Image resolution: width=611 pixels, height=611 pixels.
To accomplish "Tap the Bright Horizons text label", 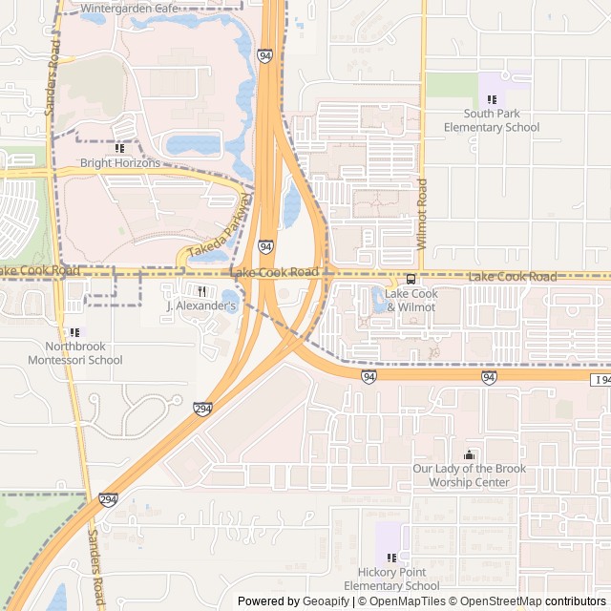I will (119, 163).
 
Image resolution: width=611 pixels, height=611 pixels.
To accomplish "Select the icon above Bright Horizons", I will (119, 148).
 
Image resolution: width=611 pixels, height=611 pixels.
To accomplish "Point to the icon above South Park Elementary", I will (493, 99).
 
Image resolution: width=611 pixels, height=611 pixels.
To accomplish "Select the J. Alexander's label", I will (201, 306).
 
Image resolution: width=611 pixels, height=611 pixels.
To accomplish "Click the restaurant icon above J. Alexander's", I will (201, 291).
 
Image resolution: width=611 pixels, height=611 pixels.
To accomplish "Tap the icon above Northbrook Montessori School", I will (75, 331).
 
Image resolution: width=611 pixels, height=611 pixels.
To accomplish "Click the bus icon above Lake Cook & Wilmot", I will (411, 279).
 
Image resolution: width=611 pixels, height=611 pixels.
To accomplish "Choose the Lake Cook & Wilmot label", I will (411, 301).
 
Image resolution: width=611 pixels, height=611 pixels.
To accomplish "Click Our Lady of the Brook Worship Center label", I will (469, 475).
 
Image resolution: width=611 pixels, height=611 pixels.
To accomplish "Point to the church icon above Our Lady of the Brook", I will (469, 454).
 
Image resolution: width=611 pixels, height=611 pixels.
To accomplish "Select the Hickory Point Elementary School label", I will (391, 579).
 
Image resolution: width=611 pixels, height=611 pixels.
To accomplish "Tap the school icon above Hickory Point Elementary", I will (391, 557).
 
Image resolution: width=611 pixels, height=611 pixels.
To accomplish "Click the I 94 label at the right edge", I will (600, 380).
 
